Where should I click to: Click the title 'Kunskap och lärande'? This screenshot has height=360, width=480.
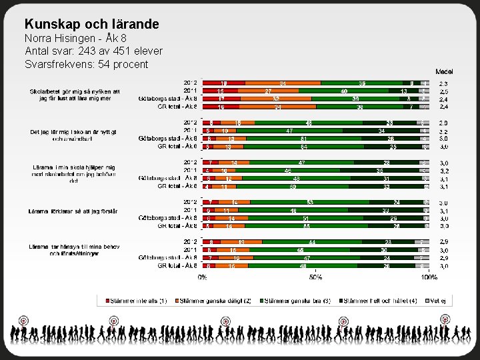coord(91,24)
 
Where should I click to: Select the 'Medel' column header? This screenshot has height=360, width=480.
coord(445,71)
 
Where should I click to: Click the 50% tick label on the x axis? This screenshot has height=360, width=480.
coord(316,277)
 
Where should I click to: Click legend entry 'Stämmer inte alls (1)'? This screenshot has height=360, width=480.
coord(134,301)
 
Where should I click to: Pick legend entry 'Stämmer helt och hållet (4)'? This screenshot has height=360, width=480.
coord(378,301)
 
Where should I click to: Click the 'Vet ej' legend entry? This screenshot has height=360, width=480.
coord(437,301)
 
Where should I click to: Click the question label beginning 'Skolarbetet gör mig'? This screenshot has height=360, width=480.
coord(75,91)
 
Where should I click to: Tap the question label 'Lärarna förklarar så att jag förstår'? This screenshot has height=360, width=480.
coord(73,211)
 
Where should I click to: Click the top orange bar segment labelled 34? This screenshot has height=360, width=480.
coord(283,83)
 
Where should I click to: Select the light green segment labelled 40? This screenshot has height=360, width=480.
coord(344,91)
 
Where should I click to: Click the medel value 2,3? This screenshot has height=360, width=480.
coord(444,83)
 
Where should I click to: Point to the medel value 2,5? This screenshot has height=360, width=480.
coord(444,91)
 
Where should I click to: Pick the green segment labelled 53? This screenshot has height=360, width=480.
coord(311,203)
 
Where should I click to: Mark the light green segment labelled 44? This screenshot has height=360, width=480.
coord(312,242)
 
